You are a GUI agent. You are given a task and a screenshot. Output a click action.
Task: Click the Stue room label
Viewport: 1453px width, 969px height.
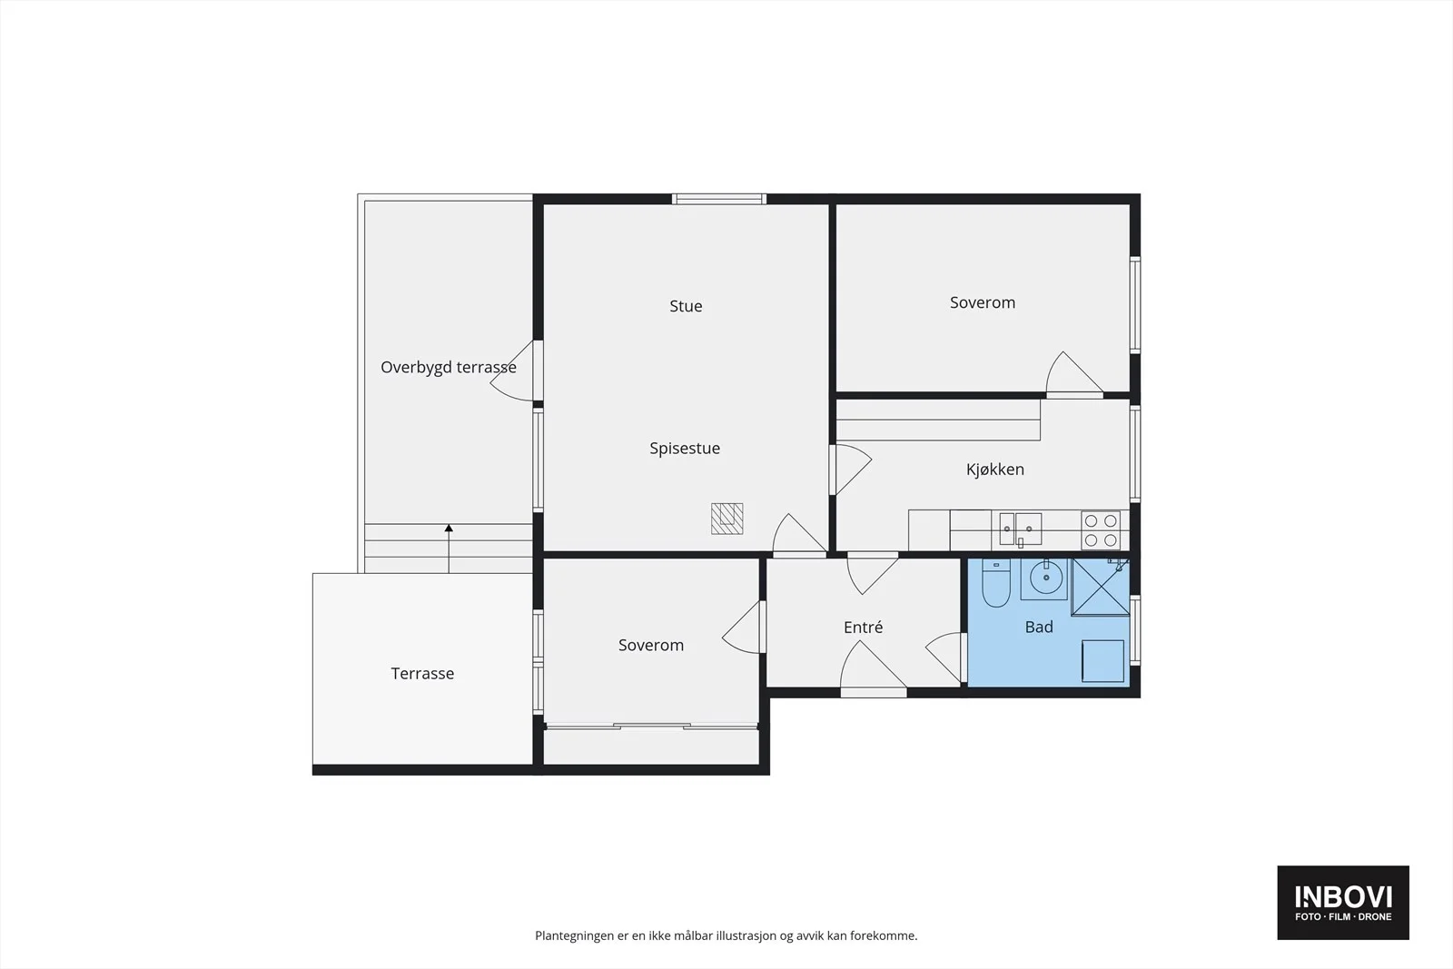coord(686,306)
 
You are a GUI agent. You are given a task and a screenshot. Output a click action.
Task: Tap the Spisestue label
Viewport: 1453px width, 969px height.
coord(685,449)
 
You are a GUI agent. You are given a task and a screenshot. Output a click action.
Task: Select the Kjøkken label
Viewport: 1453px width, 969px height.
coord(995,470)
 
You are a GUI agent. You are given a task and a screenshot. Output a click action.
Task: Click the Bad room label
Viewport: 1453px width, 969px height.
coord(1039,628)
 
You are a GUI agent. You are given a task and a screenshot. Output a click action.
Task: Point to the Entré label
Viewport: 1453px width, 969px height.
coord(863,628)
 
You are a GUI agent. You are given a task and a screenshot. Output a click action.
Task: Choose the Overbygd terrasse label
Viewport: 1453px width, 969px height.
coord(449,368)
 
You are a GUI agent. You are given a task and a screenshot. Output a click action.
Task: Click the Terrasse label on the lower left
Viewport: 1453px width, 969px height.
coord(422,674)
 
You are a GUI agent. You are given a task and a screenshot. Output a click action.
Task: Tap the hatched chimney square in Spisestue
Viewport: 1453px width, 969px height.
coord(727,519)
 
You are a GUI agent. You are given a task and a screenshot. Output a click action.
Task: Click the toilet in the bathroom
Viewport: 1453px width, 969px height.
coord(995,582)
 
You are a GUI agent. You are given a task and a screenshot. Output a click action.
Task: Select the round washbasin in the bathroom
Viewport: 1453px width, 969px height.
coord(1045,577)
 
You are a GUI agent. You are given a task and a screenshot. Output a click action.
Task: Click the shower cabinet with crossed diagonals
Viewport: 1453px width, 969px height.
coord(1100,587)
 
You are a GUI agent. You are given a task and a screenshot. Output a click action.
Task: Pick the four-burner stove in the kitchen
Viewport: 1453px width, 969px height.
coord(1101,529)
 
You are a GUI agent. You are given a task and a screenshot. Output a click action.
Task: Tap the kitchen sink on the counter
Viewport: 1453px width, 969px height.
coord(1021,529)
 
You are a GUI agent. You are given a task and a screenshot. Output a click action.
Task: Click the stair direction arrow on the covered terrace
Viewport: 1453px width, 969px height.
coord(449,549)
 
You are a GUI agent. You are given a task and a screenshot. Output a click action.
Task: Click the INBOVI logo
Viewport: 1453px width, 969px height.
coord(1343,902)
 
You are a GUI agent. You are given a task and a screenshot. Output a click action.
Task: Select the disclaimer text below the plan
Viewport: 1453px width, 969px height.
coord(726,936)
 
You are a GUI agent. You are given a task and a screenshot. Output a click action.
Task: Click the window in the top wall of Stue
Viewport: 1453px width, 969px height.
coord(718,199)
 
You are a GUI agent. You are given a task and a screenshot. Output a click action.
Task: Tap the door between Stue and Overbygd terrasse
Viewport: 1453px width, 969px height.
coord(517,371)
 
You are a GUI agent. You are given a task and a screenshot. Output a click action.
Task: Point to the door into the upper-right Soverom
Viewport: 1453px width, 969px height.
coord(1074,374)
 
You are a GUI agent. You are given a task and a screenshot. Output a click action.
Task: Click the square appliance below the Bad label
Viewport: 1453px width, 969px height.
coord(1102,661)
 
